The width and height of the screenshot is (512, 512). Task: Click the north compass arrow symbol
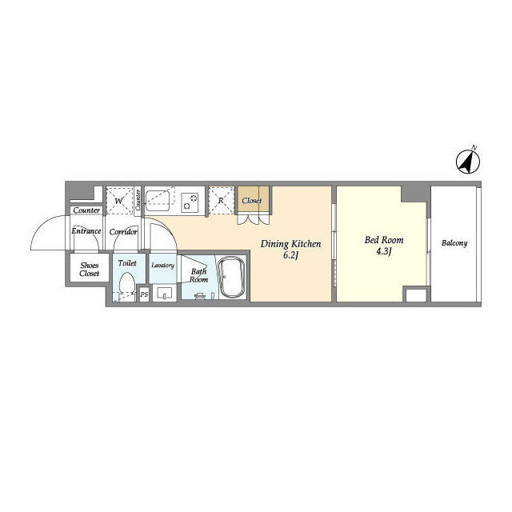pos(468,161)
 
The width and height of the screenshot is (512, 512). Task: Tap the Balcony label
pos(454,243)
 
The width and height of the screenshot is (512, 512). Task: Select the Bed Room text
pos(384,240)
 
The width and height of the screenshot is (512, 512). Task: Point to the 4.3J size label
pos(384,251)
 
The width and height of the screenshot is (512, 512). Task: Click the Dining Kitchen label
pos(290,244)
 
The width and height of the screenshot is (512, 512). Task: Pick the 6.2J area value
pos(290,255)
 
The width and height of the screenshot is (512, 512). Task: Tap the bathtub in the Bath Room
pos(231,278)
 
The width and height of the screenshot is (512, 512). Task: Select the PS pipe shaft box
pos(144,294)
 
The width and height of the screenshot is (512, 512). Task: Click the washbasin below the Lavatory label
pos(164,293)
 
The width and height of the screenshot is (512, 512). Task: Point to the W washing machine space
pos(119,201)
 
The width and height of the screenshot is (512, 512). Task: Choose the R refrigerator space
pos(221,201)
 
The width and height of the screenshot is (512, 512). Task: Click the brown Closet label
pos(252,201)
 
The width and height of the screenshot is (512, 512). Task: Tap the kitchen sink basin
pos(158,201)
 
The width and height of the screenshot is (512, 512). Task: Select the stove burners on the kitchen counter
pos(190,202)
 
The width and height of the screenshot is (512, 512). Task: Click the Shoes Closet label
pos(90,270)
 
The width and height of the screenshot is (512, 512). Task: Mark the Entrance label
pos(86,231)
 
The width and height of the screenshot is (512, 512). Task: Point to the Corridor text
pos(123,232)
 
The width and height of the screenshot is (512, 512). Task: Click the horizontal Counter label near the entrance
pos(86,210)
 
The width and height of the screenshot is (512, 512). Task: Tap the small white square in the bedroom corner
pos(416,295)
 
